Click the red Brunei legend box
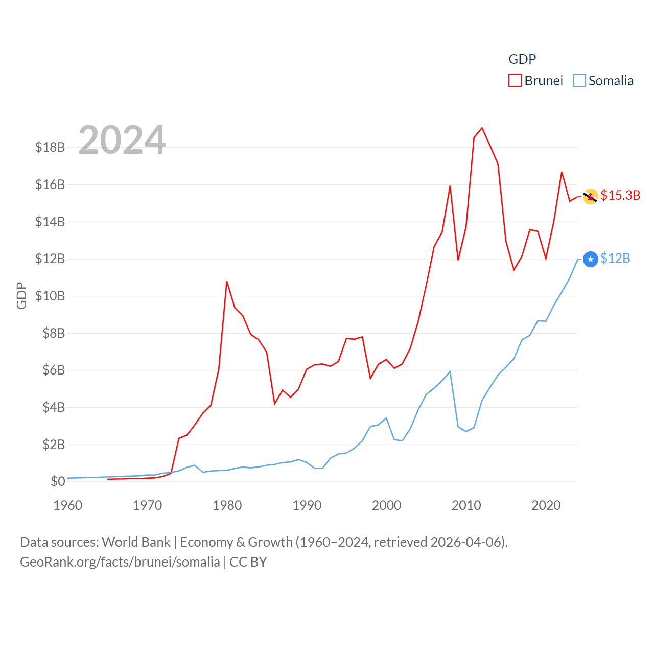(515, 81)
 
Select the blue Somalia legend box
(579, 81)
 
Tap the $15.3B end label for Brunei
(620, 195)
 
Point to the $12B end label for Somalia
(615, 258)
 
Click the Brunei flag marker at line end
(591, 197)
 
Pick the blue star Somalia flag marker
(591, 260)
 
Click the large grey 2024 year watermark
(122, 140)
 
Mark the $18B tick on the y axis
(50, 147)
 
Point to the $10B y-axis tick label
(50, 296)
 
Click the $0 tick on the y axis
(58, 481)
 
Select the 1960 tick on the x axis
(68, 505)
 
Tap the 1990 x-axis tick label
(307, 505)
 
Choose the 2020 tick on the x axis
(546, 505)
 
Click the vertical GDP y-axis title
(21, 295)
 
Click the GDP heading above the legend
(522, 59)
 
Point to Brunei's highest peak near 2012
(482, 128)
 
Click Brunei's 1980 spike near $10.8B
(227, 282)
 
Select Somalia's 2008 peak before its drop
(450, 371)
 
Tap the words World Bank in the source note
(136, 542)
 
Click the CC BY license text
(248, 562)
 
